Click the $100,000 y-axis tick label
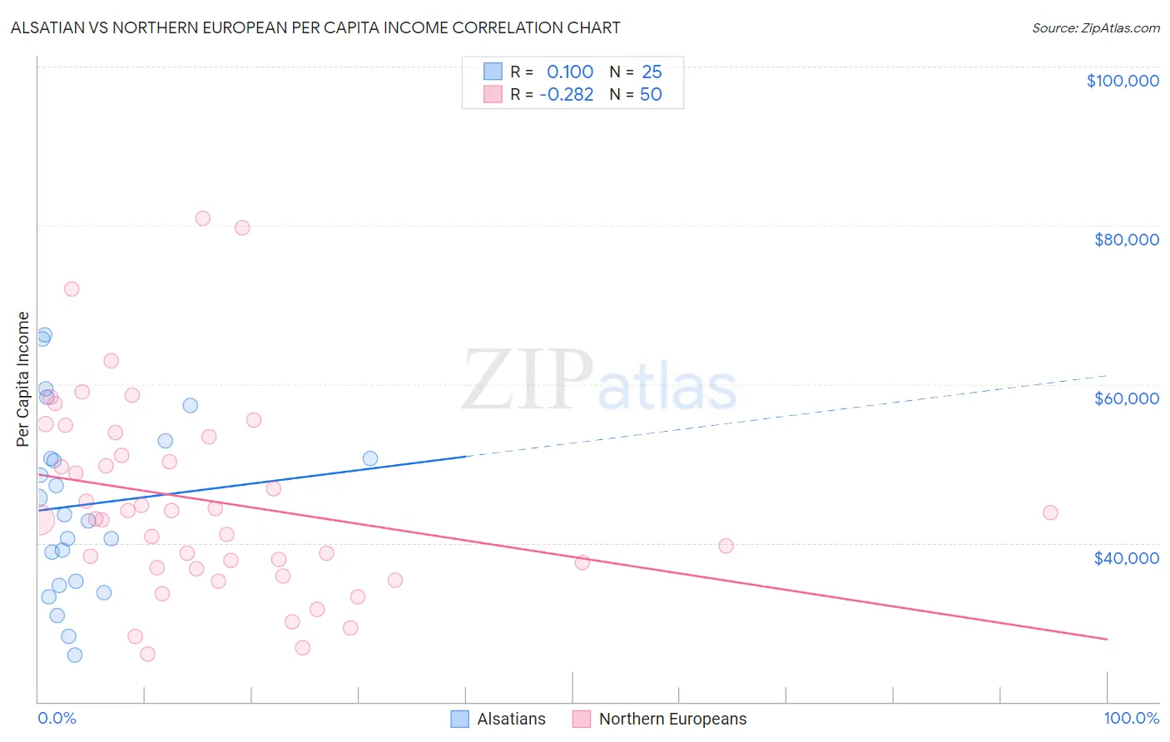(1123, 81)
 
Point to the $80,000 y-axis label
(1127, 240)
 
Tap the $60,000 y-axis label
(1127, 398)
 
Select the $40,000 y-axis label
(1127, 558)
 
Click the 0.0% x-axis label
(57, 719)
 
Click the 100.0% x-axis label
(1131, 719)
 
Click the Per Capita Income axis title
(23, 378)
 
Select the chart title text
(315, 27)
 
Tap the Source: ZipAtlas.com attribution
(1095, 28)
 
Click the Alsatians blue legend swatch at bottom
(460, 719)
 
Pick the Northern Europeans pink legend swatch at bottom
(582, 719)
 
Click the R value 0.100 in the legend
(569, 72)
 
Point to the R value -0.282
(566, 95)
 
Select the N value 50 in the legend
(651, 95)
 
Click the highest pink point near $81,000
(202, 219)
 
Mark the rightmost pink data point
(1050, 512)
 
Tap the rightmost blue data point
(370, 458)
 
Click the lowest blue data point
(75, 655)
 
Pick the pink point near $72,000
(72, 289)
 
